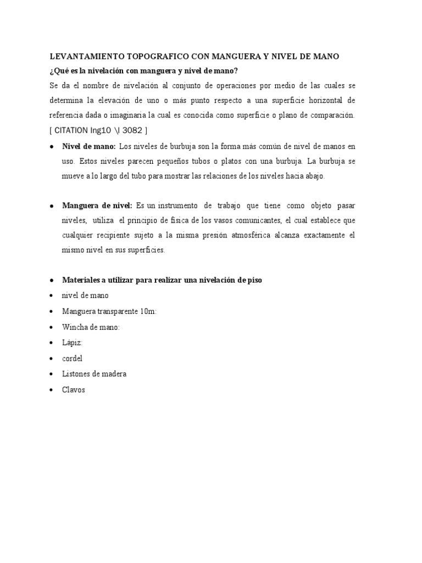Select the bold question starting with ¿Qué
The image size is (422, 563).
[143, 71]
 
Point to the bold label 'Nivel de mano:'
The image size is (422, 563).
[88, 146]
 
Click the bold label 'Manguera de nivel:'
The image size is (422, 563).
[97, 206]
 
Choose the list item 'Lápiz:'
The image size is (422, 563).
[73, 343]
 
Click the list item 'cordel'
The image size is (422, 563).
[72, 358]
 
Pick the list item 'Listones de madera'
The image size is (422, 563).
[94, 374]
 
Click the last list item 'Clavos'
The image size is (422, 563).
[74, 390]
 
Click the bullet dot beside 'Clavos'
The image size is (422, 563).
[51, 390]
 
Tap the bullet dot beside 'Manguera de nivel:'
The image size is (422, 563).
[51, 206]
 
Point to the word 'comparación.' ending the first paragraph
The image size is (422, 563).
[329, 115]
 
